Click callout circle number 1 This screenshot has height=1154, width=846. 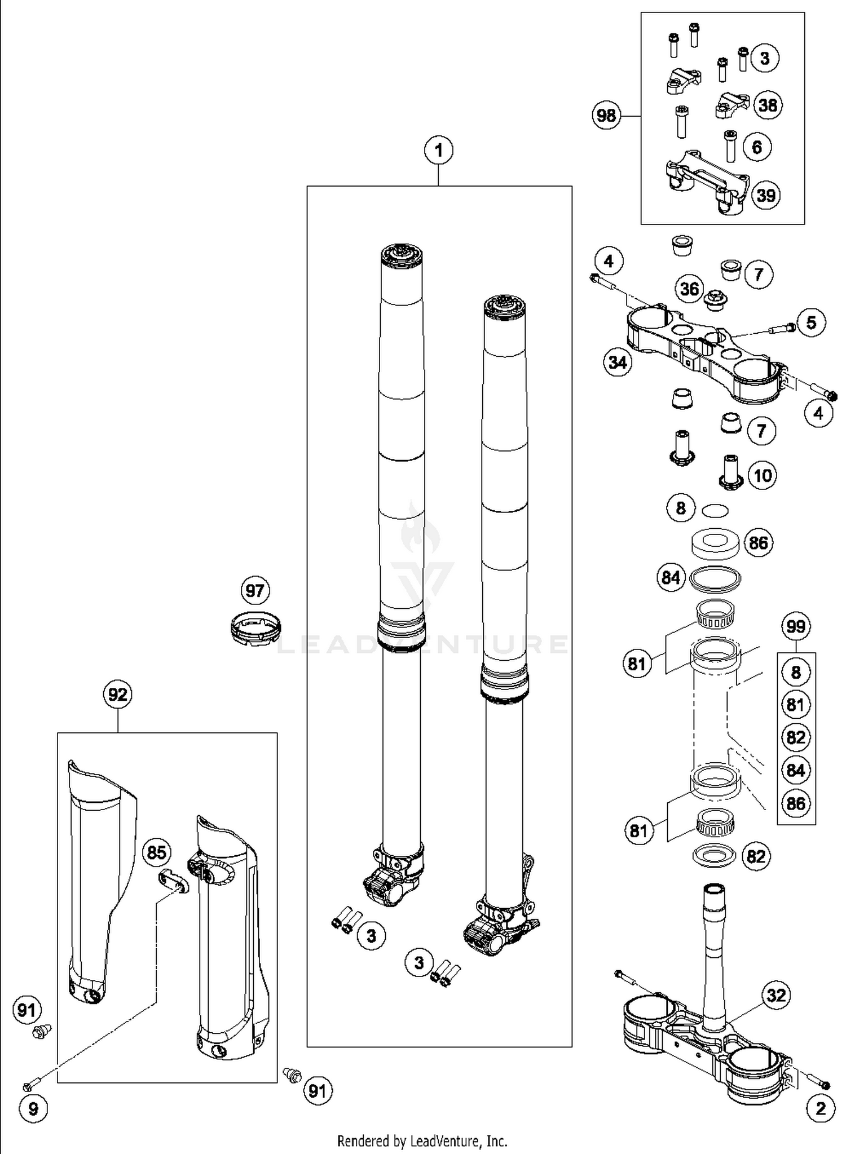pos(439,151)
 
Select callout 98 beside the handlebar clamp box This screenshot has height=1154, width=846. pos(606,116)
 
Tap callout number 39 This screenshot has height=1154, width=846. pos(766,195)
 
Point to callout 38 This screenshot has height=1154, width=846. pos(768,105)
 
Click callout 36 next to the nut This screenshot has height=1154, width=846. pos(689,289)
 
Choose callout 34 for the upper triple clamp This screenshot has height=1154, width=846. pos(618,362)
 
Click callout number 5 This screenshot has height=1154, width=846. pos(811,322)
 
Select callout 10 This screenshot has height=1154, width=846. pos(763,475)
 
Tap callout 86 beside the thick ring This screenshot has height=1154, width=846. pos(759,543)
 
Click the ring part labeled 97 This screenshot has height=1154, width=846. pos(256,627)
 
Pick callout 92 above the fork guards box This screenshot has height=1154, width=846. pos(117,695)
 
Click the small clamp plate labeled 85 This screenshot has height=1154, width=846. pos(173,881)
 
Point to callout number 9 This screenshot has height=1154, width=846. pos(33,1109)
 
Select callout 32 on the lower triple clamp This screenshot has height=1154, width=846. pos(776,995)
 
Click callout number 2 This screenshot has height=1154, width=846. pos(820,1108)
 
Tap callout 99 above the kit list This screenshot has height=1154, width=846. pos(796,626)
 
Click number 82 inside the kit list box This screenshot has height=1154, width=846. pos(796,737)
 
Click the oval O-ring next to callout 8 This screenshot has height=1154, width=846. pos(715,510)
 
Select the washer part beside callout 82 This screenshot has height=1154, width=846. pos(714,855)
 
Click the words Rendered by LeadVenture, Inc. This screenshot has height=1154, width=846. pos(422,1141)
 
